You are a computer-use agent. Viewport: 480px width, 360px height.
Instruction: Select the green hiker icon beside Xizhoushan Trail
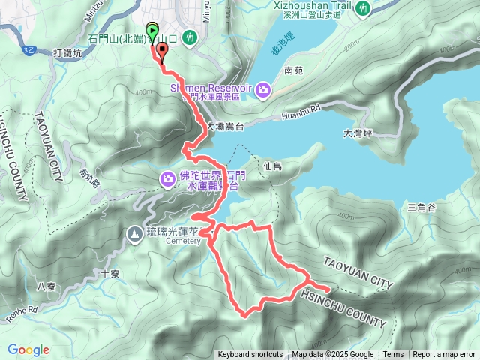tap(364, 8)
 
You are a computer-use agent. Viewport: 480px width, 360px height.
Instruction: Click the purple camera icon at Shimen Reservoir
tap(263, 91)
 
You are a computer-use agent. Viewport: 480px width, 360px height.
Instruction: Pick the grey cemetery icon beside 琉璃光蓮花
tap(134, 233)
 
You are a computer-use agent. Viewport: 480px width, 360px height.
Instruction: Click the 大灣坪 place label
tap(358, 134)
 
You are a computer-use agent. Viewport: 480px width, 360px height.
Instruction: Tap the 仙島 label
tap(273, 166)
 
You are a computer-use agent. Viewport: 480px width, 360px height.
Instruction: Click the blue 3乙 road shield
tap(29, 49)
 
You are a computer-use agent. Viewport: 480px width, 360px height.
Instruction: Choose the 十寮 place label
tap(110, 274)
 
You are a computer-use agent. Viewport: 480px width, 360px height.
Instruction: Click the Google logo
tap(28, 349)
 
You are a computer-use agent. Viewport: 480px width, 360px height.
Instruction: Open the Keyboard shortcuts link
tap(250, 355)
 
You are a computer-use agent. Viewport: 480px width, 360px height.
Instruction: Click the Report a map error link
tap(445, 355)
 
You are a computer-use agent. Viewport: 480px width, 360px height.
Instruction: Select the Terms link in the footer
tap(393, 355)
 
